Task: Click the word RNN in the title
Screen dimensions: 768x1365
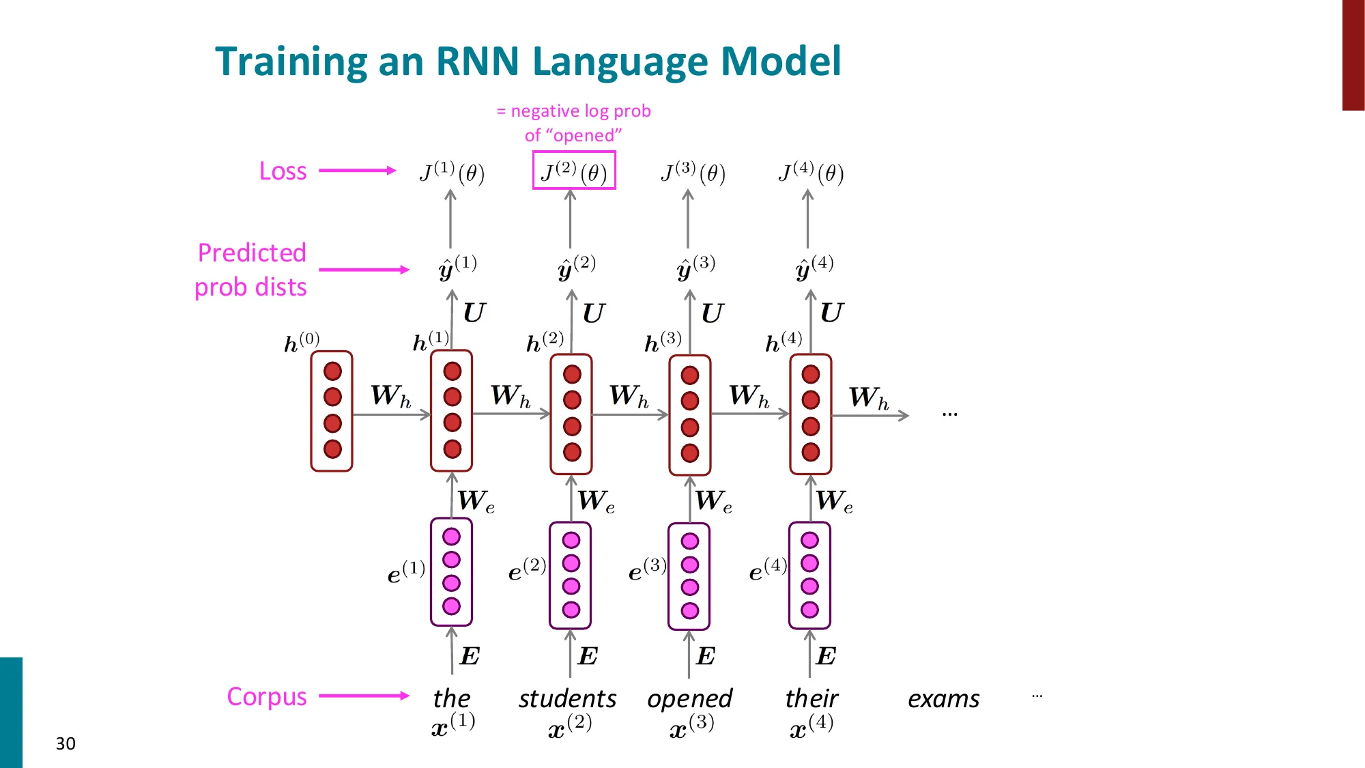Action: [477, 61]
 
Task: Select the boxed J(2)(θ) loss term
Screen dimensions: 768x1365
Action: [574, 171]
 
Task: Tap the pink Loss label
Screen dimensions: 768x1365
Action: [283, 171]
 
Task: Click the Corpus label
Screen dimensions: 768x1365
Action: [267, 696]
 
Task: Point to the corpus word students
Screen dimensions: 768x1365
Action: [567, 699]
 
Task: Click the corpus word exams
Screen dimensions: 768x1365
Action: [943, 699]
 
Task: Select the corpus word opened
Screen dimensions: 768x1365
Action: [689, 699]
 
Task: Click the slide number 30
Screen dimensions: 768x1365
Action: [66, 743]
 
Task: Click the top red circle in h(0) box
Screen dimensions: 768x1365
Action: [332, 371]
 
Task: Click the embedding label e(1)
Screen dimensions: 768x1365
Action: [406, 572]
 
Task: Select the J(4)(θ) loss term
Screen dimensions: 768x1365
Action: [811, 173]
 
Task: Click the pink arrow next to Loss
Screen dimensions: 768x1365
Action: [357, 171]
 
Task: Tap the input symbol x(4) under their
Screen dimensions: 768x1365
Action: [811, 727]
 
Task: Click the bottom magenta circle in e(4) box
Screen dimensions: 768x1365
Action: [809, 610]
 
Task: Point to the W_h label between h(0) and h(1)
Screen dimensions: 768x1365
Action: [390, 396]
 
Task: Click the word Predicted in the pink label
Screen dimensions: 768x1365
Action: [252, 253]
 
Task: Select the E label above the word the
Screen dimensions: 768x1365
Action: [470, 656]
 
